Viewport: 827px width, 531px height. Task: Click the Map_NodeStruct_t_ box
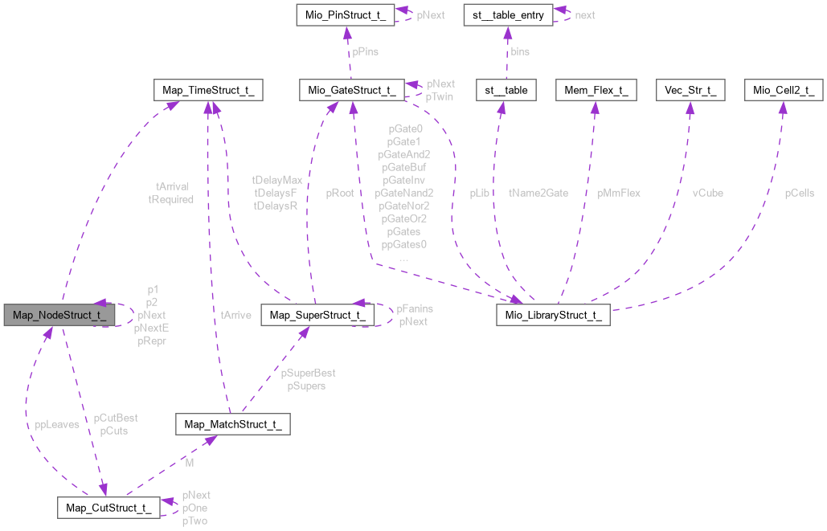coord(55,314)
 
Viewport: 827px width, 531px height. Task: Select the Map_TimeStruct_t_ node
coord(208,89)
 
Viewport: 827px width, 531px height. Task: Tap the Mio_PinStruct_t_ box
coord(345,14)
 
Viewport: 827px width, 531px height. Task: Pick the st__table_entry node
coord(503,14)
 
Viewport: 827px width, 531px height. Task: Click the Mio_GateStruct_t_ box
coord(350,89)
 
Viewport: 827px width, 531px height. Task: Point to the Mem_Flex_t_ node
coord(595,89)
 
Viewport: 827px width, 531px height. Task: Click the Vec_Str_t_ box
coord(689,89)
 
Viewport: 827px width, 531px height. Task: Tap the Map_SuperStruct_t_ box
coord(318,314)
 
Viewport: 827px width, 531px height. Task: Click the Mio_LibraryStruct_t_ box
coord(552,314)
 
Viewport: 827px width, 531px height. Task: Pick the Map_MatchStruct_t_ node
coord(232,424)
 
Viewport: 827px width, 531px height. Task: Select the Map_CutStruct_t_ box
coord(108,507)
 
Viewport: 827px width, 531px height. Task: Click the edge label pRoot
coord(340,193)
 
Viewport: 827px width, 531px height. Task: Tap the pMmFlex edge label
coord(617,193)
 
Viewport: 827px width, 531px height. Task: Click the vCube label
coord(708,193)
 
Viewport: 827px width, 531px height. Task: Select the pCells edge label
coord(800,193)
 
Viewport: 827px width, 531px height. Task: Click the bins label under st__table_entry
coord(520,51)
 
